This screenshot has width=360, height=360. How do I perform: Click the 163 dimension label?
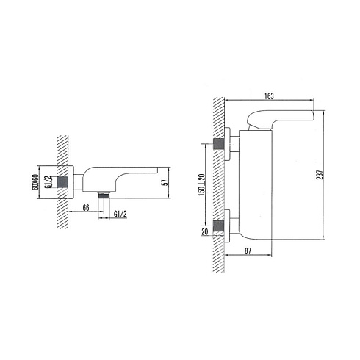coord(269,96)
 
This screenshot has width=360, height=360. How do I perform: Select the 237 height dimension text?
coord(320,175)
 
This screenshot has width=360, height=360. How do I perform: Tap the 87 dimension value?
coord(248,251)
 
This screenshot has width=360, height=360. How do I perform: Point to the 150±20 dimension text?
coord(201,184)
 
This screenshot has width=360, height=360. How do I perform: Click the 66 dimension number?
coord(86,208)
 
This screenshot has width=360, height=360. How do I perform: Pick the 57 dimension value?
coord(166,182)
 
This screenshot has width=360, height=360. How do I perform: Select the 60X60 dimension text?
coord(36,182)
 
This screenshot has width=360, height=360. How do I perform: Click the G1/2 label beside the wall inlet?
coord(48,182)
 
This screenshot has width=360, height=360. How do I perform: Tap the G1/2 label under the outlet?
coord(120,214)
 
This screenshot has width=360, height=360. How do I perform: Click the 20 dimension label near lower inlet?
coord(204,231)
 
